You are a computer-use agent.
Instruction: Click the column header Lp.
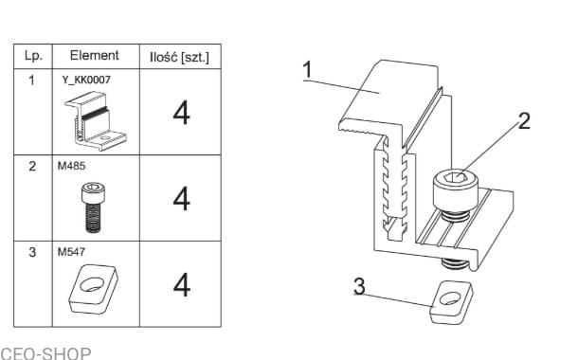coord(33,56)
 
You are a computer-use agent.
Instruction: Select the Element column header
coord(95,56)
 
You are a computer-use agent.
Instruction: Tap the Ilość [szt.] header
coord(179,58)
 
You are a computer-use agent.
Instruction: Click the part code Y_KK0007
coord(86,80)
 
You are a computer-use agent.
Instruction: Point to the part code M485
coord(71,166)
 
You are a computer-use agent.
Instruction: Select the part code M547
coord(71,252)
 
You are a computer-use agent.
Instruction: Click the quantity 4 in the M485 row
coord(181,199)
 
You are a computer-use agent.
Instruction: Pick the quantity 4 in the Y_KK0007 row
coord(181,113)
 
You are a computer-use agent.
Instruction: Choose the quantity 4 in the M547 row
coord(182,284)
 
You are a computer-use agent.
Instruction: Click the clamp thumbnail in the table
coord(96,121)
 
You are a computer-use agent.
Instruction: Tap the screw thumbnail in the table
coord(93,207)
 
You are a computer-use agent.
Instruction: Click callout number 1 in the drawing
coord(307,70)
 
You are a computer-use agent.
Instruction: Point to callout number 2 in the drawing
coord(524,120)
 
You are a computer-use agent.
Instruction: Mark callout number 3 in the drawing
coord(359,286)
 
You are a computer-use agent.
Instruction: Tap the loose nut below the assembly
coord(451,302)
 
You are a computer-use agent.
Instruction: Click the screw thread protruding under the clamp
coord(455,263)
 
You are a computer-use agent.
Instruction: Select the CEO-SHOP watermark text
coord(45,353)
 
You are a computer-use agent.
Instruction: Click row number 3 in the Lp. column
coord(32,252)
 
